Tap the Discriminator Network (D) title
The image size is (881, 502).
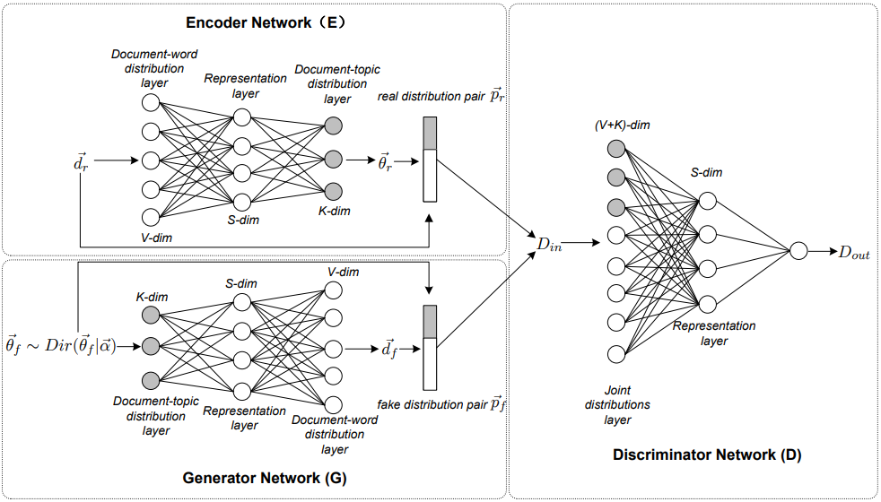(x=707, y=455)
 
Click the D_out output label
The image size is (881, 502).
(x=853, y=255)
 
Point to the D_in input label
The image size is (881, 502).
(x=548, y=243)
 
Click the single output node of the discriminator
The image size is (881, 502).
(x=797, y=253)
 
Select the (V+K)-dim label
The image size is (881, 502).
(x=622, y=125)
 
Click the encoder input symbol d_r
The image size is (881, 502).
(x=80, y=161)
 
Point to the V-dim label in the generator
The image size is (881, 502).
(x=343, y=272)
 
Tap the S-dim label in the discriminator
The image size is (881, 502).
(x=707, y=173)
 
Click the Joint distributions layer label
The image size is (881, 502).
(x=618, y=405)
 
